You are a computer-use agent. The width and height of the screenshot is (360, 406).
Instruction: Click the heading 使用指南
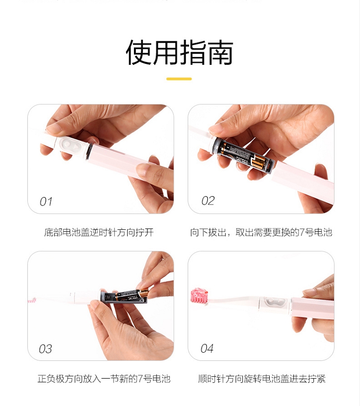pos(179,53)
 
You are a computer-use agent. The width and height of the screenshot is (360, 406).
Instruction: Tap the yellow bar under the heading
pos(179,79)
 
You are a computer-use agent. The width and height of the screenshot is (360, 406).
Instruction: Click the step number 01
pos(46,202)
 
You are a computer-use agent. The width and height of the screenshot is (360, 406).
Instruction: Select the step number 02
pos(208,201)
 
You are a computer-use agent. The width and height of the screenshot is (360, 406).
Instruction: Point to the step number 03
pos(45,349)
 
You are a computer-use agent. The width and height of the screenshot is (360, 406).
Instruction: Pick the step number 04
pos(207,348)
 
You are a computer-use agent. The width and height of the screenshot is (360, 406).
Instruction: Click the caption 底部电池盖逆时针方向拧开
pos(99,232)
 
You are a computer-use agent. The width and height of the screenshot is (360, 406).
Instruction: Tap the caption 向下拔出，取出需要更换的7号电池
pos(261,232)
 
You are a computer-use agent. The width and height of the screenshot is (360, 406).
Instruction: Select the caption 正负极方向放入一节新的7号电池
pos(104,379)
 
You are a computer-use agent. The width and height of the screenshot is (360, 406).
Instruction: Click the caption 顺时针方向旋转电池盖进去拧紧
pos(262,379)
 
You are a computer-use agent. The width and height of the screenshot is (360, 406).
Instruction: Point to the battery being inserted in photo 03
pos(132,295)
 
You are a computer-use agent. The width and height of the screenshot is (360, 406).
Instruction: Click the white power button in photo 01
pos(70,145)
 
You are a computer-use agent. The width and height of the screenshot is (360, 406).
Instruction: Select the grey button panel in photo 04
pos(276,303)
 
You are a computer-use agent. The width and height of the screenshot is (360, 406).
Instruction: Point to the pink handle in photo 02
pos(303,177)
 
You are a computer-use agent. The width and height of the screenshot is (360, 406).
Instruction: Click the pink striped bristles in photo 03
pos(32,300)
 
